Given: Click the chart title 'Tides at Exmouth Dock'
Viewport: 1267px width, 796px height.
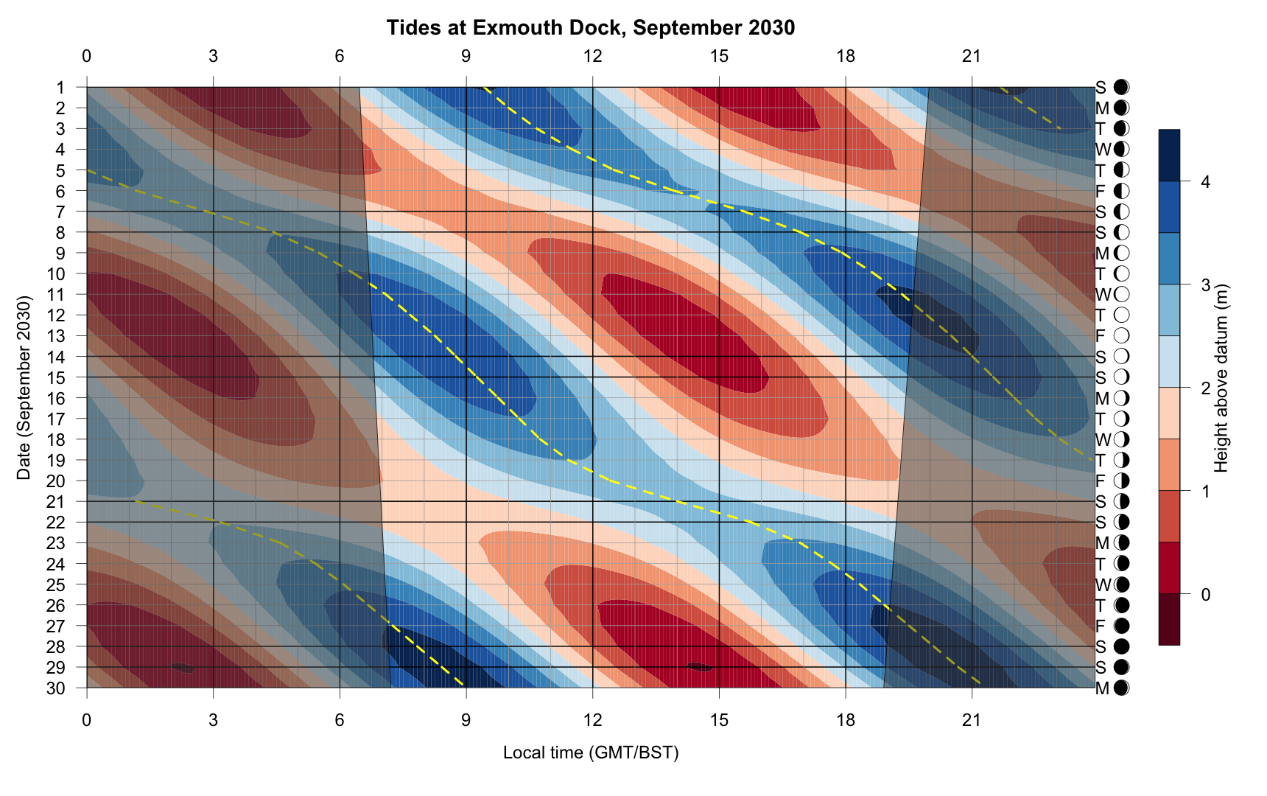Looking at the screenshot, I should (x=590, y=28).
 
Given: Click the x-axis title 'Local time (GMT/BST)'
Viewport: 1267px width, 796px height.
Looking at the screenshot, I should (x=590, y=753).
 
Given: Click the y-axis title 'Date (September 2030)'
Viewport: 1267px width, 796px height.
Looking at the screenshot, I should (x=24, y=388).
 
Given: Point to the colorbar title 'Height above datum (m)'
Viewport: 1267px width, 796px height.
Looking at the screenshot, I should (x=1221, y=377).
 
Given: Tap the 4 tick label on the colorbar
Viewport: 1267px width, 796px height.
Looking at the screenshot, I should (x=1205, y=182).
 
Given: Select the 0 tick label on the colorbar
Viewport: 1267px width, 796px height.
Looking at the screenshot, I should (x=1205, y=594).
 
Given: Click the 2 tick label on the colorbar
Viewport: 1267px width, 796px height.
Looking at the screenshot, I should (x=1205, y=388).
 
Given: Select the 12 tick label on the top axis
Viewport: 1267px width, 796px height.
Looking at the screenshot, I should (x=592, y=56).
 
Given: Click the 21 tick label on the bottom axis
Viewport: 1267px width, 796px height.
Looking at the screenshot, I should (x=972, y=720).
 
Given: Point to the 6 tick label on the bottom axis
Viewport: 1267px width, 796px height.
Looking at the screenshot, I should (x=340, y=720).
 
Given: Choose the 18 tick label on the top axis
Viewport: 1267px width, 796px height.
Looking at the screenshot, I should (x=846, y=56).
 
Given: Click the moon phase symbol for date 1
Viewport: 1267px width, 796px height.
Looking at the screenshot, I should (x=1122, y=88).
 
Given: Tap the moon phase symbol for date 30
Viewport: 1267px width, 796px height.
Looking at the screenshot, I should (x=1122, y=688).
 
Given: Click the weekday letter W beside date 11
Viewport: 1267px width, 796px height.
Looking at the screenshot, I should (x=1102, y=295).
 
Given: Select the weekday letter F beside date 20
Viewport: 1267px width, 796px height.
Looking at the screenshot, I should (x=1101, y=481).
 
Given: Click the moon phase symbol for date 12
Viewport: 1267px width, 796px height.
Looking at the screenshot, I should (x=1122, y=315).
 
